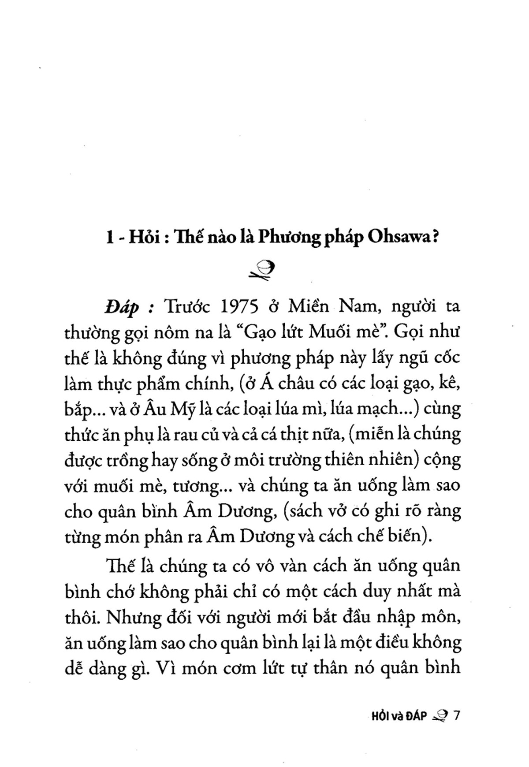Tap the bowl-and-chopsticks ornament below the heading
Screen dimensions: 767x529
pos(262,270)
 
